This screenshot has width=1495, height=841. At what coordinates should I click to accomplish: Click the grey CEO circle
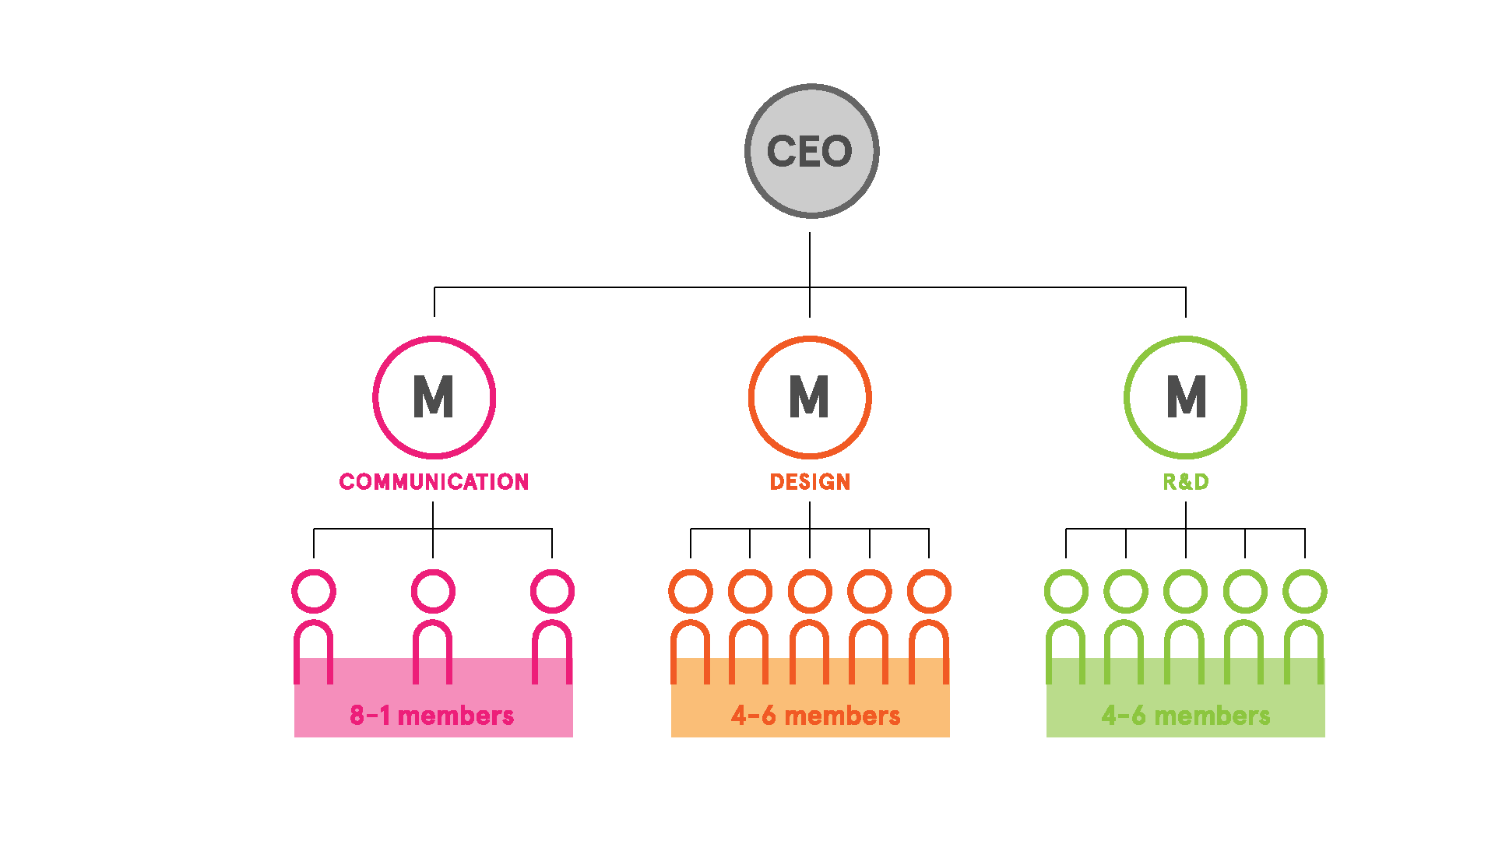(x=811, y=151)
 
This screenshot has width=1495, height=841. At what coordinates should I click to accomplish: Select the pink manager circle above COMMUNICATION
(x=434, y=397)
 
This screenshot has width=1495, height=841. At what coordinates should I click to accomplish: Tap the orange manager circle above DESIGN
(x=810, y=397)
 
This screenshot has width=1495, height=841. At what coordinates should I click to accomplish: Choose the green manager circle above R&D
(x=1185, y=397)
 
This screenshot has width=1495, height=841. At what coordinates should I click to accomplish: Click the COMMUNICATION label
(x=434, y=482)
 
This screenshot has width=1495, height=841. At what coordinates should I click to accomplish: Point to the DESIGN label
(x=810, y=482)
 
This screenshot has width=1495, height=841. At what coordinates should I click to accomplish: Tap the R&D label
(x=1185, y=482)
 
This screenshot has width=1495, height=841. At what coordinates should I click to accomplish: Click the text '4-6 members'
(x=815, y=716)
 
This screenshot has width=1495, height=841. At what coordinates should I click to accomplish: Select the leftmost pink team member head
(x=314, y=591)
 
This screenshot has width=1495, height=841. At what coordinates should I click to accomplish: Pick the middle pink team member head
(x=433, y=591)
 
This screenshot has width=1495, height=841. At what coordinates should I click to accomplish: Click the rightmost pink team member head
(x=552, y=591)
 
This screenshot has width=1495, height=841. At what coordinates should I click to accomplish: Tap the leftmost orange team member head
(x=691, y=591)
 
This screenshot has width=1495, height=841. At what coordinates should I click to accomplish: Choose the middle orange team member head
(x=810, y=591)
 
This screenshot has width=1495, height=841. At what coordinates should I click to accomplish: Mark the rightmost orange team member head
(x=929, y=591)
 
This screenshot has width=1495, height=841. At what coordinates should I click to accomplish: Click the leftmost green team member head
(x=1066, y=591)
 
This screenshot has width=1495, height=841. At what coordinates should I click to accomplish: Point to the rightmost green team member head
(x=1305, y=591)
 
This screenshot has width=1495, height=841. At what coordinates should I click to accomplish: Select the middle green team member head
(x=1185, y=591)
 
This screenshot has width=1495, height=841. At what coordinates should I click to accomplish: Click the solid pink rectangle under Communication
(x=434, y=701)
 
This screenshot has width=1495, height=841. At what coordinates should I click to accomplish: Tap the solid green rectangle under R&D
(x=1185, y=701)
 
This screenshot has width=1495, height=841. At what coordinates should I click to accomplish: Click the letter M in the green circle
(x=1186, y=397)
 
